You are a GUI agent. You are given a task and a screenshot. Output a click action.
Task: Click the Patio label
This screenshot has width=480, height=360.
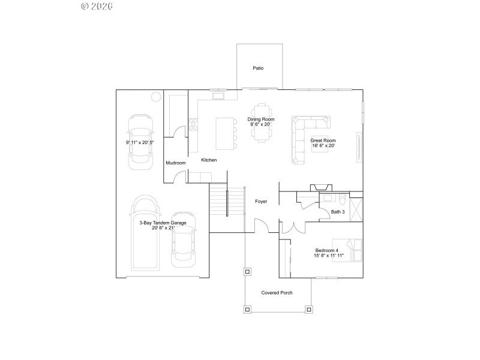point(258,68)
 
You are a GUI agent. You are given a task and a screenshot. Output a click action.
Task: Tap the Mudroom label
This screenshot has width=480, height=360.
point(176,163)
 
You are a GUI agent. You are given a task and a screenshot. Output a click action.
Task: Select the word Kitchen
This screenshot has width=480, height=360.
point(209,160)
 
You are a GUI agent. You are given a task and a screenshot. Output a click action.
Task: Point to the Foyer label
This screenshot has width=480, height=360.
point(261,202)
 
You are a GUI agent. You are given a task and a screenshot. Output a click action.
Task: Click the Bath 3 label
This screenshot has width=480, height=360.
point(338,211)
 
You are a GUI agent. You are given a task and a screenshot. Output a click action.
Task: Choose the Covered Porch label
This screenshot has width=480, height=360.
point(277,293)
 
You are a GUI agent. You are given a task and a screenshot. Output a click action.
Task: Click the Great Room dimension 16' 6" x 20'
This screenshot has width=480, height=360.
point(323,146)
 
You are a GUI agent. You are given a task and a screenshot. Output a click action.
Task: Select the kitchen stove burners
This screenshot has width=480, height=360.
point(193,124)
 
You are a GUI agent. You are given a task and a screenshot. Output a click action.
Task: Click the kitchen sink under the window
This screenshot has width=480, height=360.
point(217,95)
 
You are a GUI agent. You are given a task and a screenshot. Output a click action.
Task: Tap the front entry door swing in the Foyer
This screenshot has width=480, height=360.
point(261,226)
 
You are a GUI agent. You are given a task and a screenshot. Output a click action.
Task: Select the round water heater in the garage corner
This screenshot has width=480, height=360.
point(155,96)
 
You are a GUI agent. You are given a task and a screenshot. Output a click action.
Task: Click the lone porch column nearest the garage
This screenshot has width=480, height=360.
point(247,271)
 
